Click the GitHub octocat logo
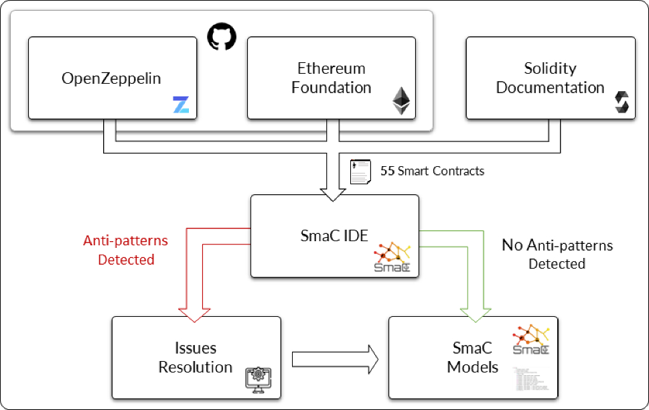222,36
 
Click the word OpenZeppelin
111,78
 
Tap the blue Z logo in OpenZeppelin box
181,105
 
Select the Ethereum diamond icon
401,100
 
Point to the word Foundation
332,88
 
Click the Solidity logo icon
622,102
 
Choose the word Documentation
550,88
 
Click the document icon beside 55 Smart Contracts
362,172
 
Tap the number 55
387,171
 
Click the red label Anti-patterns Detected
126,249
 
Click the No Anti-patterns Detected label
557,255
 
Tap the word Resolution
195,367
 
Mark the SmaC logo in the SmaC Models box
530,340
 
